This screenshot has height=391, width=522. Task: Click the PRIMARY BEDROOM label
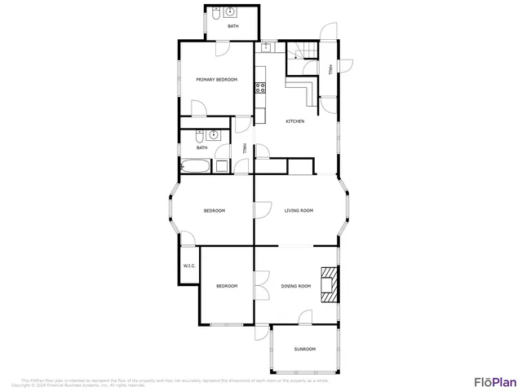pyautogui.click(x=216, y=79)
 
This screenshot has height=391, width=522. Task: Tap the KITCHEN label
pyautogui.click(x=294, y=121)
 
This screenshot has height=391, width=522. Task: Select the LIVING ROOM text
pyautogui.click(x=299, y=210)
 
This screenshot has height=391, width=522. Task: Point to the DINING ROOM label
pyautogui.click(x=296, y=286)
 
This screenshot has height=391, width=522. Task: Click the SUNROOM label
pyautogui.click(x=304, y=349)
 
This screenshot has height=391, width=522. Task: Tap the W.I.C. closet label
pyautogui.click(x=188, y=266)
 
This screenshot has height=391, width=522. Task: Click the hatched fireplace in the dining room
pyautogui.click(x=328, y=284)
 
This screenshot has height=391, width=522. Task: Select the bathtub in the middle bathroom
pyautogui.click(x=196, y=167)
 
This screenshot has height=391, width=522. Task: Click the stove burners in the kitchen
pyautogui.click(x=261, y=88)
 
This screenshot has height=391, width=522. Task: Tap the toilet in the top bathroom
pyautogui.click(x=213, y=14)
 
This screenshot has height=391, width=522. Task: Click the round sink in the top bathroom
pyautogui.click(x=230, y=12)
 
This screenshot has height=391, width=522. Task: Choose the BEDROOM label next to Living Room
pyautogui.click(x=214, y=210)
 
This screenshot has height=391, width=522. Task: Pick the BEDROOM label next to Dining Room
pyautogui.click(x=226, y=286)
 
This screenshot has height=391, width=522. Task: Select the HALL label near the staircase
pyautogui.click(x=330, y=69)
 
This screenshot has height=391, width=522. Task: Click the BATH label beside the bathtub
pyautogui.click(x=201, y=147)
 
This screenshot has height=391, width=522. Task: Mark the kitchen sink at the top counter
pyautogui.click(x=267, y=48)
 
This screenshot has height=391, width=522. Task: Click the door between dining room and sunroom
pyautogui.click(x=305, y=317)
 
